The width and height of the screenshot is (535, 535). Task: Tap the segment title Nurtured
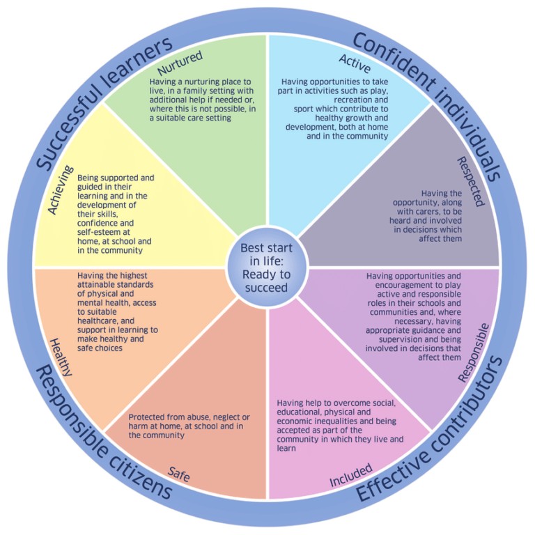(x=180, y=63)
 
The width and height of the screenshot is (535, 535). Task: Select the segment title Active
(x=355, y=63)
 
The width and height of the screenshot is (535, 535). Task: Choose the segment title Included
(x=350, y=476)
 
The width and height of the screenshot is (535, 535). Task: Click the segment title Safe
(x=178, y=474)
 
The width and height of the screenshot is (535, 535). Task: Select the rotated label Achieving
(x=61, y=189)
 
